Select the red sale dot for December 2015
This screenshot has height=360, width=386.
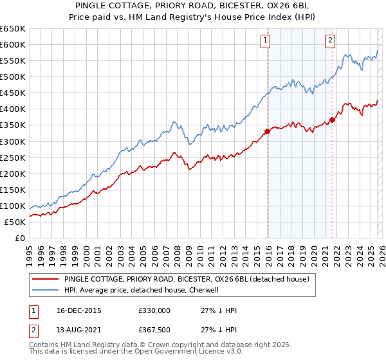point(267,131)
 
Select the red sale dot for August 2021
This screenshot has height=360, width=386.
point(332,119)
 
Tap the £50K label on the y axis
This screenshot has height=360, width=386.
point(15,222)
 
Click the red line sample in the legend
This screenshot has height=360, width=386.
point(46,280)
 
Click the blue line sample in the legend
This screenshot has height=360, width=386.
point(46,291)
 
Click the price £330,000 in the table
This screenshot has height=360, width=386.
point(154,310)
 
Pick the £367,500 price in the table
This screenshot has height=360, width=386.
point(154,330)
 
